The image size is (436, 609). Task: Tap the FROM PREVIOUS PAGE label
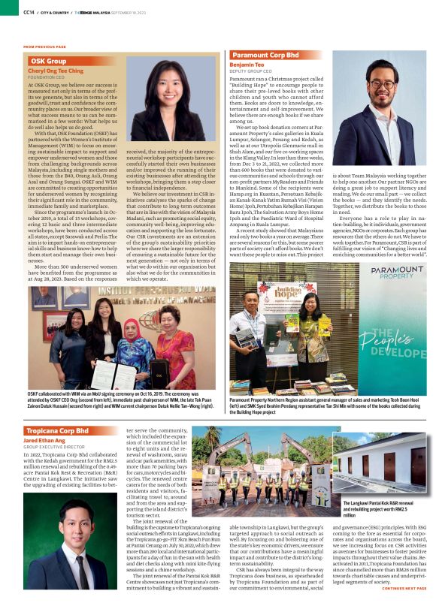click(44, 47)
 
